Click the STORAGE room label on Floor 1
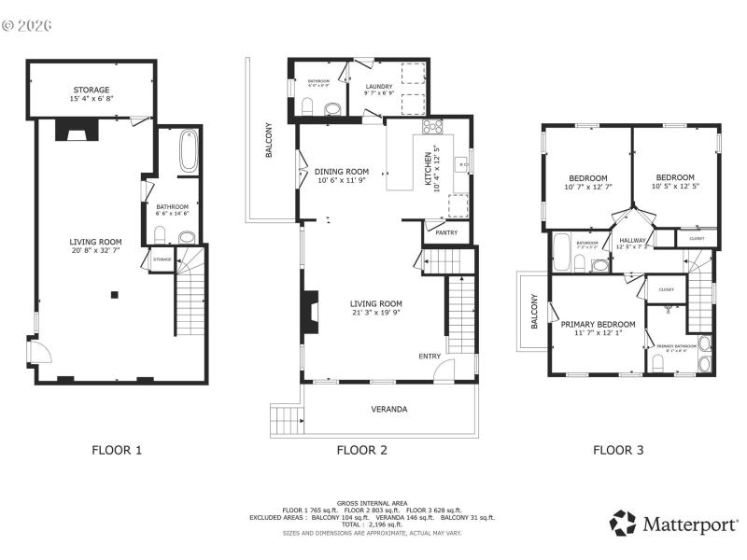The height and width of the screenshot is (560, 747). (91, 91)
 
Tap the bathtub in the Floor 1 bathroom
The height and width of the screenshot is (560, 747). (189, 150)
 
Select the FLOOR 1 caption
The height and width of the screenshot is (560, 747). (117, 450)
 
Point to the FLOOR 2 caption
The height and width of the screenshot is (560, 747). (361, 450)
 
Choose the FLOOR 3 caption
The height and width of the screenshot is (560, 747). (618, 450)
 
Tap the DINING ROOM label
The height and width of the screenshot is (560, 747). (342, 172)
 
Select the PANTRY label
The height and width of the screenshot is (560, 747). (445, 232)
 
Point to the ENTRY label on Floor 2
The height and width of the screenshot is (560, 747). (430, 356)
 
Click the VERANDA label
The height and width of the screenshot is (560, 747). (388, 409)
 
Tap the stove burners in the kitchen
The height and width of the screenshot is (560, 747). (431, 126)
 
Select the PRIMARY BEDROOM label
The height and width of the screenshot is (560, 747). (598, 325)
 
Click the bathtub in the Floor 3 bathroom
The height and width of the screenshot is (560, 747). (562, 251)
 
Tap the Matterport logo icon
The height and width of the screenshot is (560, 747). (623, 523)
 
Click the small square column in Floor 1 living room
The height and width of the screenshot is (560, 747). (114, 294)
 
